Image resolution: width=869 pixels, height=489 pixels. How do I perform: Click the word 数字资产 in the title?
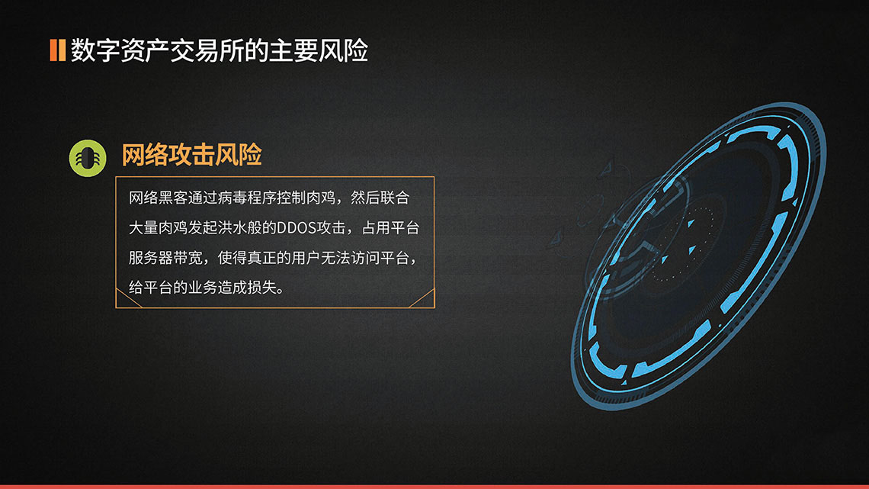coord(120,50)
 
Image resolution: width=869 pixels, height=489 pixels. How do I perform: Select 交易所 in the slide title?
coord(207,50)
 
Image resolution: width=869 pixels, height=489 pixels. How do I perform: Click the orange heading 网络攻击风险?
coord(192,155)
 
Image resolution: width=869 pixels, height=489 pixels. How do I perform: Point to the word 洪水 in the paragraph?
coord(229,227)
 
